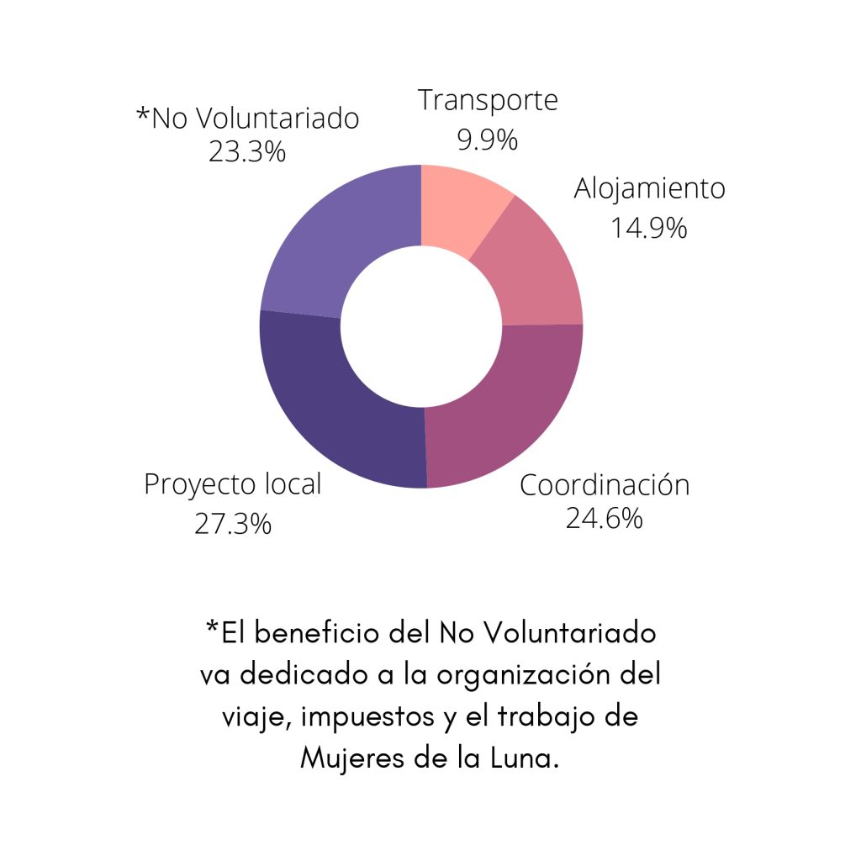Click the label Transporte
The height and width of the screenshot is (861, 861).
[489, 100]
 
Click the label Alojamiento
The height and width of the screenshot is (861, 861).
[649, 189]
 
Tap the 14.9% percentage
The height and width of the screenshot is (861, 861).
[648, 227]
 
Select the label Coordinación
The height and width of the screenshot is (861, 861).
[605, 485]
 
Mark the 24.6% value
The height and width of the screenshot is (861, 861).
[604, 519]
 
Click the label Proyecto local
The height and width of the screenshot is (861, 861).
[232, 485]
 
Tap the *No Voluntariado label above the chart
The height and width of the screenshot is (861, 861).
[248, 119]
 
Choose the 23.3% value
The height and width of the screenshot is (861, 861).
[247, 153]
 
